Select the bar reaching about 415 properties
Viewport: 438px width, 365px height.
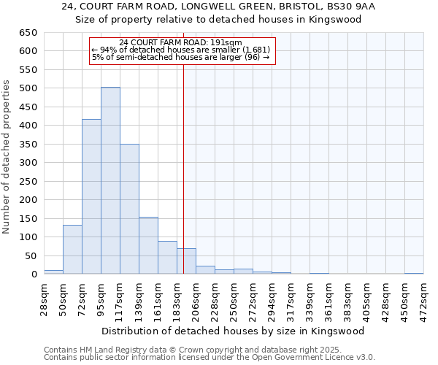tap(91, 197)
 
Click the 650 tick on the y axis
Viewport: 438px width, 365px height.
tap(29, 33)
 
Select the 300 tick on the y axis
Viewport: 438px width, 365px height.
tap(29, 163)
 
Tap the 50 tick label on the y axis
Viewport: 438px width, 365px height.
tap(32, 255)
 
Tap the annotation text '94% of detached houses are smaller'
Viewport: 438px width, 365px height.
tap(181, 50)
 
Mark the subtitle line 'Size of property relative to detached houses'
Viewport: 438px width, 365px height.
tap(218, 19)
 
